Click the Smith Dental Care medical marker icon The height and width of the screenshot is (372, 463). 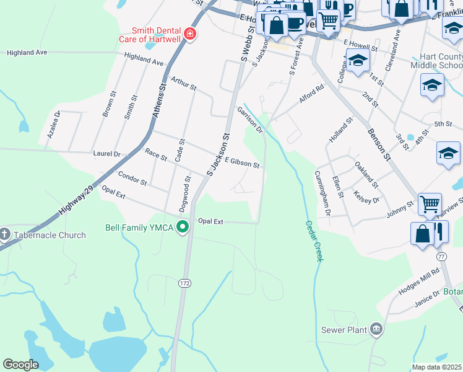[x=190, y=34]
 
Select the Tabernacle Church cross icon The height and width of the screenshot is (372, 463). [x=5, y=235]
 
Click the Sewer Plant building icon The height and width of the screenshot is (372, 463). [x=376, y=330]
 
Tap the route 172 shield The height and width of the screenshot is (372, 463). [x=185, y=283]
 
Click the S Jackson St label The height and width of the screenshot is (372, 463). [x=219, y=155]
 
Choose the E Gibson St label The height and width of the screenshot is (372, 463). [x=241, y=163]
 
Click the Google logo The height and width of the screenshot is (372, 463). [x=20, y=365]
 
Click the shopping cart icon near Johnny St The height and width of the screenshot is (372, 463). [x=429, y=203]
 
